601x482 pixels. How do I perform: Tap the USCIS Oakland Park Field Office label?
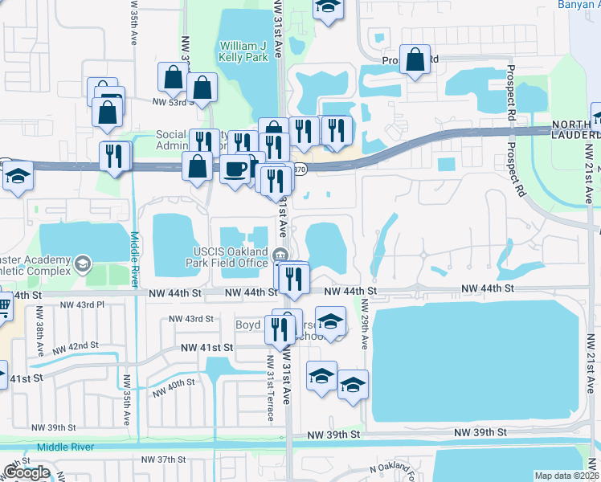click(227, 257)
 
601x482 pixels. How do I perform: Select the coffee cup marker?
click(235, 170)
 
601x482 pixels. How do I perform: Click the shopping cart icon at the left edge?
click(3, 305)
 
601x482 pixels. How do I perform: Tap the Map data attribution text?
click(567, 476)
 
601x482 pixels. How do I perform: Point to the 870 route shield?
click(299, 170)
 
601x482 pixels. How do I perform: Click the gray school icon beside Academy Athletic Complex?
click(82, 263)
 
